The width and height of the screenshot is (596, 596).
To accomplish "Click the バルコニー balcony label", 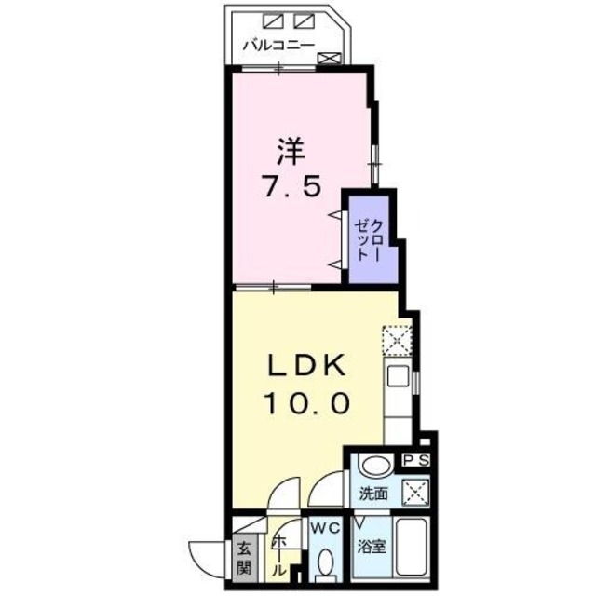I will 278,44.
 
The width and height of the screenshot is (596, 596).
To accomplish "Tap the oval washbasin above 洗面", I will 374,466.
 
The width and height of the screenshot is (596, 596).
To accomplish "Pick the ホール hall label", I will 278,557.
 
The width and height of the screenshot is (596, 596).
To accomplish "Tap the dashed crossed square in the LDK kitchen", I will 399,341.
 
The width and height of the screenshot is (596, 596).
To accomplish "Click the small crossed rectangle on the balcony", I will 330,58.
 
